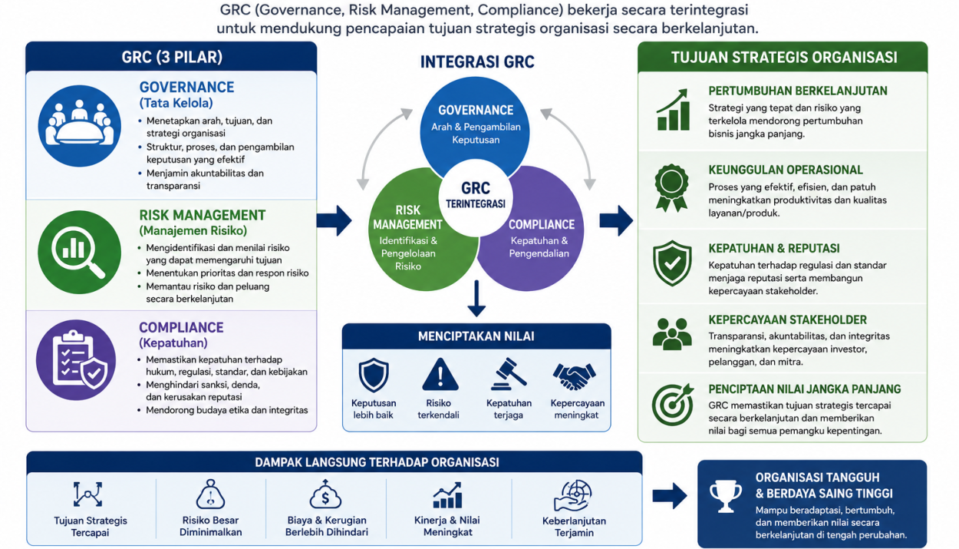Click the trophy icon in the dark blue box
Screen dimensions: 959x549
pos(725,496)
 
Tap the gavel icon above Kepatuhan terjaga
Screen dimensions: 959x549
pos(509,374)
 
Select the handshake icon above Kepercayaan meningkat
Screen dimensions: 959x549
pos(574,376)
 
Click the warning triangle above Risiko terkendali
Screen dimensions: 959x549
pos(440,375)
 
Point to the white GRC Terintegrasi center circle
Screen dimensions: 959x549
pos(476,198)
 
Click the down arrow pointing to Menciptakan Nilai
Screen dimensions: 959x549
pos(476,299)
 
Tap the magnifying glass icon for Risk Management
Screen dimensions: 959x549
pos(79,252)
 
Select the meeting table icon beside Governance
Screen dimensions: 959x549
pos(79,126)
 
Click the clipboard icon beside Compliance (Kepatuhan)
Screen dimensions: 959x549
pos(76,360)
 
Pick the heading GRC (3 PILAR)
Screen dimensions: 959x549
pos(172,57)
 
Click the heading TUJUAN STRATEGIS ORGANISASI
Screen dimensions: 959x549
pos(784,58)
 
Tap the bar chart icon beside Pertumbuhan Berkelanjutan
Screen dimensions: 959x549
pos(673,110)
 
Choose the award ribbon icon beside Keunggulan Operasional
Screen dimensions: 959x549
pos(671,187)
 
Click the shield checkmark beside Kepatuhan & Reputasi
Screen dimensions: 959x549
pos(672,263)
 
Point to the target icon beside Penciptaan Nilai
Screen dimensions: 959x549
pos(673,404)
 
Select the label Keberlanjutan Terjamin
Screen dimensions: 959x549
pos(574,527)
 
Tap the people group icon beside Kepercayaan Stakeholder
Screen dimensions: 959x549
pos(672,334)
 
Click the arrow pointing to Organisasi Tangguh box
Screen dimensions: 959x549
pos(670,496)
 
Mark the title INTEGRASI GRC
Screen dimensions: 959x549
pos(477,61)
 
